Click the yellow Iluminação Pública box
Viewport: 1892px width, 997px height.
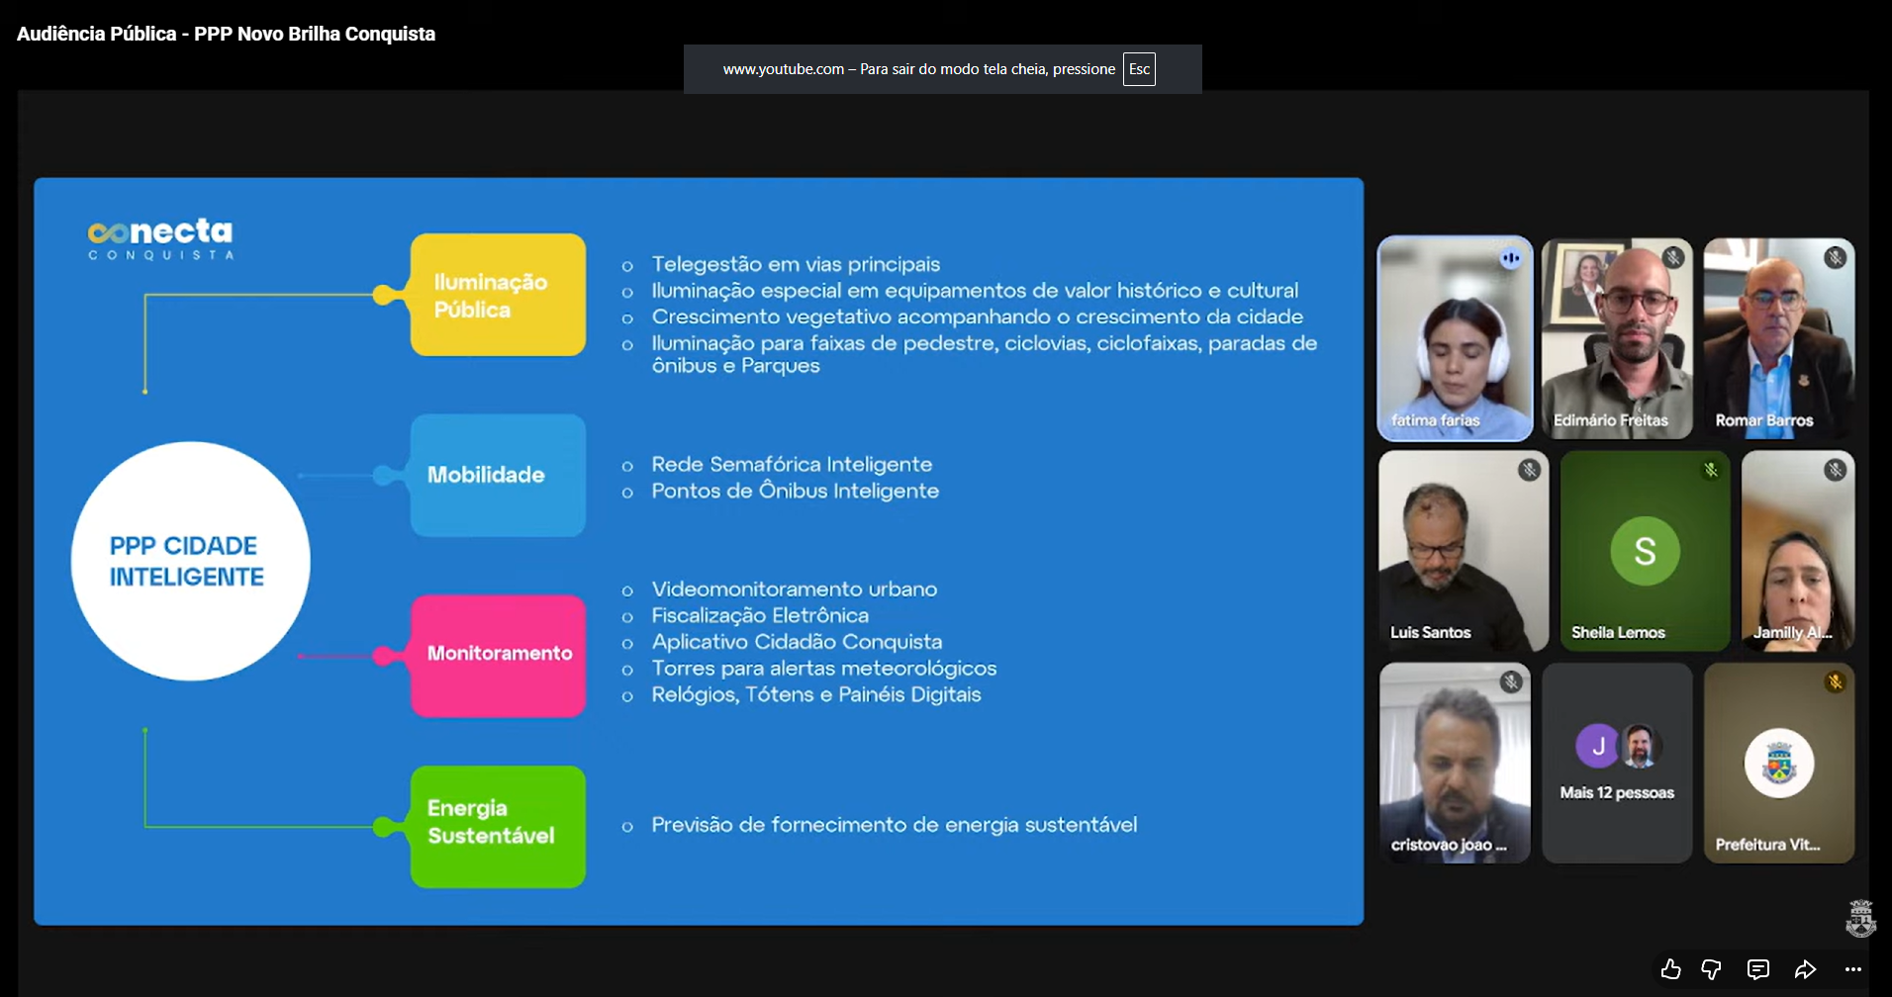pyautogui.click(x=498, y=295)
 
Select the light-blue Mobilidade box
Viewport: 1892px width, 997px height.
pyautogui.click(x=498, y=475)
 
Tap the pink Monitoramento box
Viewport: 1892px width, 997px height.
pyautogui.click(x=498, y=655)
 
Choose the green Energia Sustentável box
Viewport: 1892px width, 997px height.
pyautogui.click(x=498, y=827)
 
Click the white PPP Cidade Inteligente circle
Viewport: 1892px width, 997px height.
pyautogui.click(x=190, y=561)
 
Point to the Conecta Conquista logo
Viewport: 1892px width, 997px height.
pyautogui.click(x=160, y=239)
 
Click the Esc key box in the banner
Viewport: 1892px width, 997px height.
pyautogui.click(x=1139, y=69)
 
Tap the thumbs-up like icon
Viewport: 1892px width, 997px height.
pyautogui.click(x=1670, y=969)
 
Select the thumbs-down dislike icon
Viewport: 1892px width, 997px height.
pyautogui.click(x=1711, y=969)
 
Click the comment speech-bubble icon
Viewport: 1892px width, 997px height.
pyautogui.click(x=1758, y=969)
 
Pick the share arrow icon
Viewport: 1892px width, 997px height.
pyautogui.click(x=1806, y=969)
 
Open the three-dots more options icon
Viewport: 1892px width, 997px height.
pyautogui.click(x=1853, y=969)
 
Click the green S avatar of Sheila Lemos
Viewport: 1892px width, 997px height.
pyautogui.click(x=1645, y=551)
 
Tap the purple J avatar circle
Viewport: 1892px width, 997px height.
pyautogui.click(x=1597, y=746)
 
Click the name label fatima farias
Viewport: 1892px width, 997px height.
pyautogui.click(x=1435, y=420)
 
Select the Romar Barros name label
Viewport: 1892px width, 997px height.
pyautogui.click(x=1764, y=420)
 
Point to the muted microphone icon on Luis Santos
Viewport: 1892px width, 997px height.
pyautogui.click(x=1530, y=470)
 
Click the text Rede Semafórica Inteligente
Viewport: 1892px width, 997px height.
pyautogui.click(x=792, y=464)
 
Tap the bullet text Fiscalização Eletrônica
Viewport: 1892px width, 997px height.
pyautogui.click(x=760, y=615)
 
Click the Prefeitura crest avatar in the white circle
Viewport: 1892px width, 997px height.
pyautogui.click(x=1779, y=764)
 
